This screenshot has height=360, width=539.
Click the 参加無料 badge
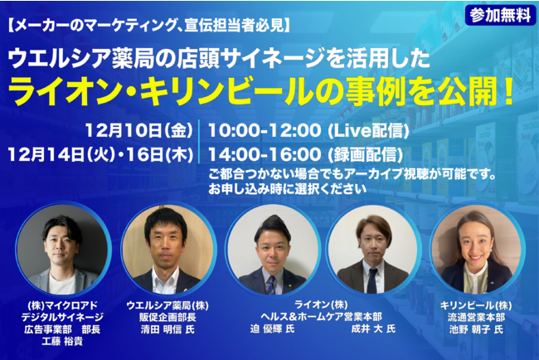pyautogui.click(x=501, y=15)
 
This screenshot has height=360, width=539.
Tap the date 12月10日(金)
pyautogui.click(x=139, y=130)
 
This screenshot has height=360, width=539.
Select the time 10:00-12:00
pyautogui.click(x=265, y=131)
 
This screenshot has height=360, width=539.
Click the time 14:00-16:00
pyautogui.click(x=265, y=155)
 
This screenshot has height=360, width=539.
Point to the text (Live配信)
pyautogui.click(x=368, y=131)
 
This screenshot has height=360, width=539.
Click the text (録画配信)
pyautogui.click(x=365, y=155)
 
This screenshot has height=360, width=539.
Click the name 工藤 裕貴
pyautogui.click(x=62, y=342)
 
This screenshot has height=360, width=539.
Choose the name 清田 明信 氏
pyautogui.click(x=168, y=329)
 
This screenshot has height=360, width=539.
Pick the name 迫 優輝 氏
pyautogui.click(x=272, y=328)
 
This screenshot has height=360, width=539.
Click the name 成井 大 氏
pyautogui.click(x=373, y=328)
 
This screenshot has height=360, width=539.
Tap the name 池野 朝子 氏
pyautogui.click(x=476, y=329)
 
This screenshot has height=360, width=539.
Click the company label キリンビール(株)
pyautogui.click(x=476, y=305)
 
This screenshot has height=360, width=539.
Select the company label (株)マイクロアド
pyautogui.click(x=62, y=305)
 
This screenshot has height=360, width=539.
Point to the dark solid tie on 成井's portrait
pyautogui.click(x=371, y=281)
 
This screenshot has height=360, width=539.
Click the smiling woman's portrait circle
pyautogui.click(x=476, y=250)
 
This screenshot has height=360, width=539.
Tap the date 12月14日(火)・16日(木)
pyautogui.click(x=100, y=155)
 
